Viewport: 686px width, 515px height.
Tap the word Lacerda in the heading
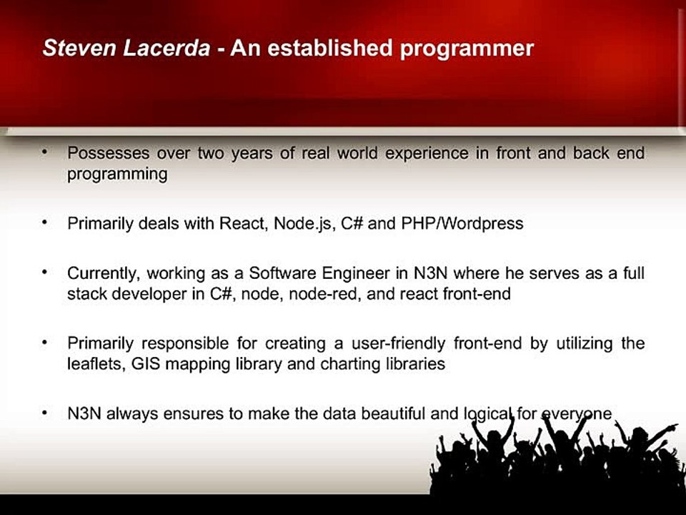pyautogui.click(x=166, y=48)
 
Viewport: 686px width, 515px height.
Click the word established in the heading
pyautogui.click(x=330, y=48)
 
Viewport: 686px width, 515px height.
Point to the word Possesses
pyautogui.click(x=109, y=153)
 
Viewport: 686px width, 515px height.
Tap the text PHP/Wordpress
pyautogui.click(x=462, y=224)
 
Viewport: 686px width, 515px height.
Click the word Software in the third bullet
pyautogui.click(x=282, y=273)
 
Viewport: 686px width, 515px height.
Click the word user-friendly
pyautogui.click(x=399, y=343)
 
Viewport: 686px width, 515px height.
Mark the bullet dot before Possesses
pyautogui.click(x=44, y=152)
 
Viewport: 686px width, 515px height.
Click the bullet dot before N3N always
pyautogui.click(x=44, y=413)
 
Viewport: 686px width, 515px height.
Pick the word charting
pyautogui.click(x=350, y=364)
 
